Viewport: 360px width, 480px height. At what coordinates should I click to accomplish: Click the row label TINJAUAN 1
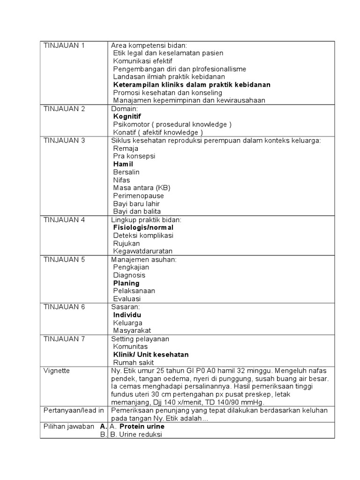(64, 45)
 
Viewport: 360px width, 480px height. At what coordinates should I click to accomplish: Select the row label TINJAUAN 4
(64, 219)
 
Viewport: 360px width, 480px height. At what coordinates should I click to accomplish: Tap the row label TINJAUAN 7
(64, 339)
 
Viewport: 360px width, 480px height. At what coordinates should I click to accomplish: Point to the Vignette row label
(56, 371)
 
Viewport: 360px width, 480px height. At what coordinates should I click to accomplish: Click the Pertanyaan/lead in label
(74, 411)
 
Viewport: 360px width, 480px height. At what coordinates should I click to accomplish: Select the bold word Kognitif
(127, 117)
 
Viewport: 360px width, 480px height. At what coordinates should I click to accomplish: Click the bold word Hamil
(123, 165)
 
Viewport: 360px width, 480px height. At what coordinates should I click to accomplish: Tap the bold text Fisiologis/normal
(143, 228)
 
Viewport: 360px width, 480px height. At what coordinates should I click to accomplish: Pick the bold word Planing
(126, 283)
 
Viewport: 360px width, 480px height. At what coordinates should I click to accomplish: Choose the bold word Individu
(127, 315)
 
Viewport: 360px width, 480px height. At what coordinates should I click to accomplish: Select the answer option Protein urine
(142, 427)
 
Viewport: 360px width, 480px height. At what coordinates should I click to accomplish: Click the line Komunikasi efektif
(142, 61)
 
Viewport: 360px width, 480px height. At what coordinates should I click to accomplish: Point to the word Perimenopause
(138, 196)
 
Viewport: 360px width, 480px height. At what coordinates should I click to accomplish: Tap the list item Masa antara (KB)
(136, 188)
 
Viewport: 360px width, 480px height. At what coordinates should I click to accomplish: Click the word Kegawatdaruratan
(143, 251)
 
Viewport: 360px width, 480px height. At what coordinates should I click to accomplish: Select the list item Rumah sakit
(133, 363)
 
